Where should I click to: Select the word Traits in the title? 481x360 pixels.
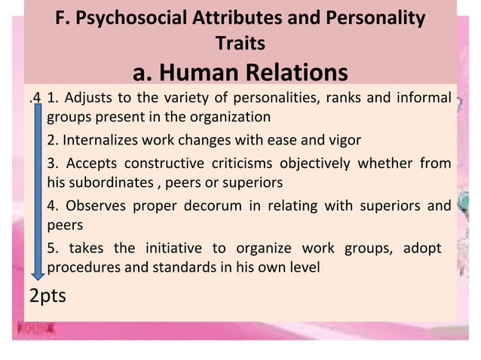tap(240, 43)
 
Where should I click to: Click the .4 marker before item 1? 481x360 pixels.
tap(33, 97)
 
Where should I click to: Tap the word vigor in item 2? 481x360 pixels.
tap(343, 140)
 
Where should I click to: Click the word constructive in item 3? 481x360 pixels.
tap(159, 163)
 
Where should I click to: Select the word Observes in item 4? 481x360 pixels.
tap(97, 206)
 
